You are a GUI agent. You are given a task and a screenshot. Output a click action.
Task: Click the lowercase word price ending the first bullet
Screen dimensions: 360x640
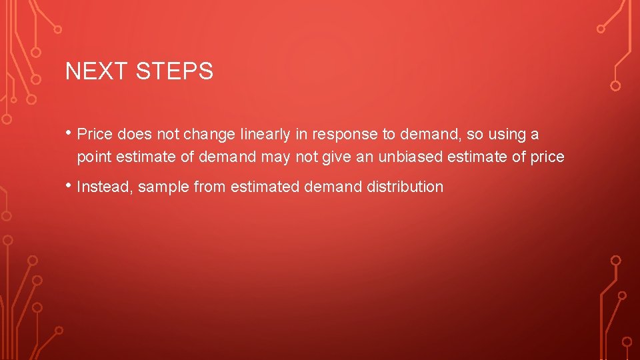point(547,158)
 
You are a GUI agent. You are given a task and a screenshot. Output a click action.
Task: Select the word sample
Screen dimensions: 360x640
point(164,187)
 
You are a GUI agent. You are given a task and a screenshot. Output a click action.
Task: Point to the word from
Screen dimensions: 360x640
point(209,187)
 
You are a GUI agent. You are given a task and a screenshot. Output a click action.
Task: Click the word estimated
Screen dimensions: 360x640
point(265,187)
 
